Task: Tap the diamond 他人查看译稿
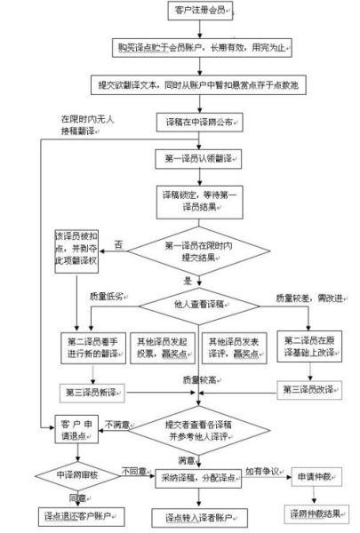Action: (196, 304)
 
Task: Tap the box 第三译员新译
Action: (93, 391)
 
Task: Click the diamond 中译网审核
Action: (75, 475)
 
